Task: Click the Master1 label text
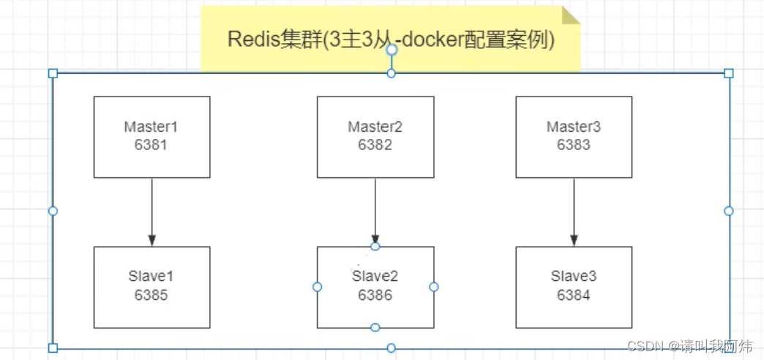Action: [151, 127]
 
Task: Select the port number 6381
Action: [151, 144]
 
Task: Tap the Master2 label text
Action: [375, 127]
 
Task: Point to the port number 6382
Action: [375, 144]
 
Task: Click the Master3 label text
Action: [574, 127]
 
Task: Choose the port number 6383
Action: [574, 144]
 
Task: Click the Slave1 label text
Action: [151, 277]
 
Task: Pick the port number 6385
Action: [151, 295]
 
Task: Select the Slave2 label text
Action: [375, 277]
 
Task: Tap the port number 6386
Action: [375, 295]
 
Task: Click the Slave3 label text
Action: [574, 277]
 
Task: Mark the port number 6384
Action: [574, 295]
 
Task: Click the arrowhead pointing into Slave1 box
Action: [151, 241]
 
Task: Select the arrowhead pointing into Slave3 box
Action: [574, 241]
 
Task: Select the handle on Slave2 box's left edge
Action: [317, 287]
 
